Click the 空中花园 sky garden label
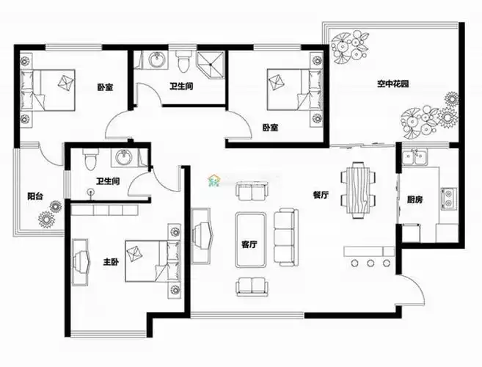(392, 84)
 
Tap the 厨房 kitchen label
(415, 200)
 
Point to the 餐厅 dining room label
(321, 195)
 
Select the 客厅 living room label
(249, 244)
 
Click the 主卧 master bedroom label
(110, 262)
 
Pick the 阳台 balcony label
(35, 196)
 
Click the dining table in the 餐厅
(358, 190)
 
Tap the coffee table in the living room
(250, 239)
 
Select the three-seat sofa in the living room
(286, 237)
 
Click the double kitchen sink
(415, 158)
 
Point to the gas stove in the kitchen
(448, 198)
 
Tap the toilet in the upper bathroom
(183, 61)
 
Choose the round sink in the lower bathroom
(124, 157)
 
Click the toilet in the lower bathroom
(90, 159)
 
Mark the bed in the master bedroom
(153, 261)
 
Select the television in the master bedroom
(80, 262)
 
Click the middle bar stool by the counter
(370, 263)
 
